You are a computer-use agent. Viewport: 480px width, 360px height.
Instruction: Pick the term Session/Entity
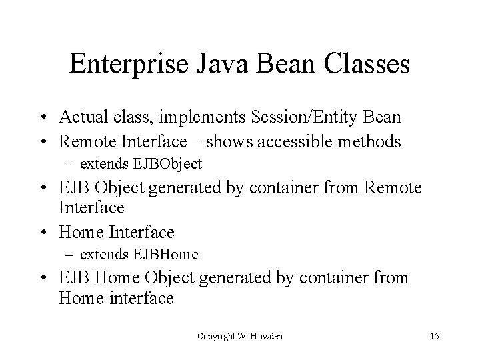pos(311,118)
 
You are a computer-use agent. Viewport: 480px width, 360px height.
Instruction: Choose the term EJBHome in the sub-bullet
pos(166,254)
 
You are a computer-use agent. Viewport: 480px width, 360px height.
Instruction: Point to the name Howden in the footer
pos(266,336)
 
